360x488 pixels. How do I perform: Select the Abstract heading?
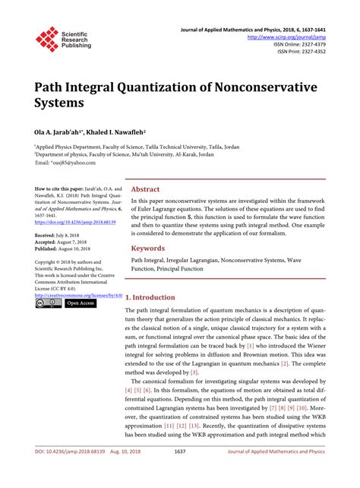click(x=145, y=189)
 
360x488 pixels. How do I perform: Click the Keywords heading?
click(x=148, y=248)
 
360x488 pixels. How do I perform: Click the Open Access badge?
click(x=80, y=303)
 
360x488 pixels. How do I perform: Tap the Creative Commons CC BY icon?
click(x=48, y=303)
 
